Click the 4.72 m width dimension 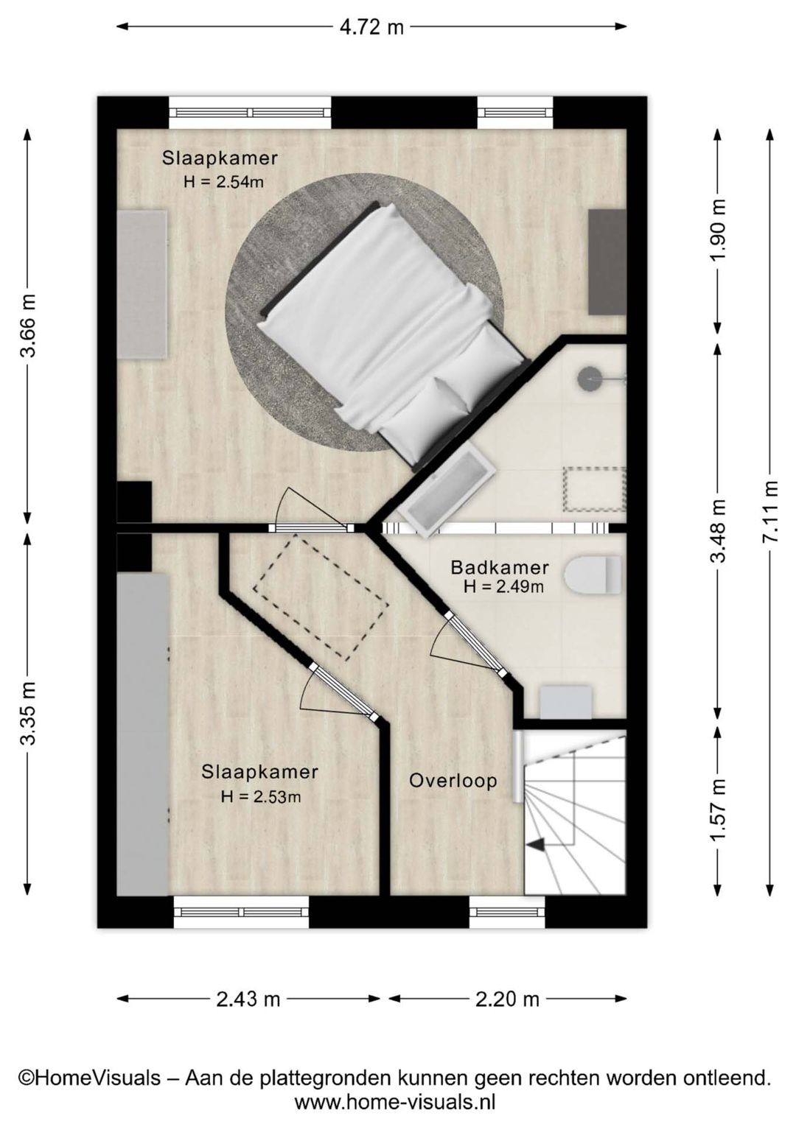click(371, 27)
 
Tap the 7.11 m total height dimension click(770, 511)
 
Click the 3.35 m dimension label click(28, 713)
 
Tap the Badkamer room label click(499, 567)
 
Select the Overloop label click(453, 781)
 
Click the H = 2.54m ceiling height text click(223, 182)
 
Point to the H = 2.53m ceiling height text click(261, 796)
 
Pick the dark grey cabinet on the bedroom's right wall click(607, 262)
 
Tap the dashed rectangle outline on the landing click(321, 596)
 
